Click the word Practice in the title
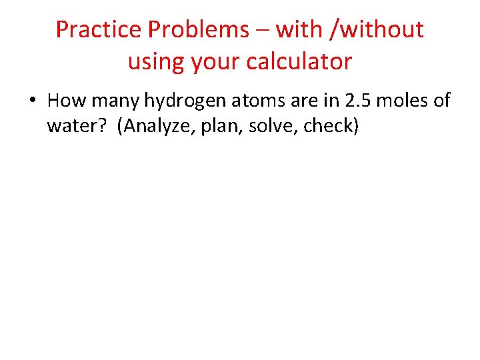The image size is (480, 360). point(99,29)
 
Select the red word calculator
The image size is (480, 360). point(299,61)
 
